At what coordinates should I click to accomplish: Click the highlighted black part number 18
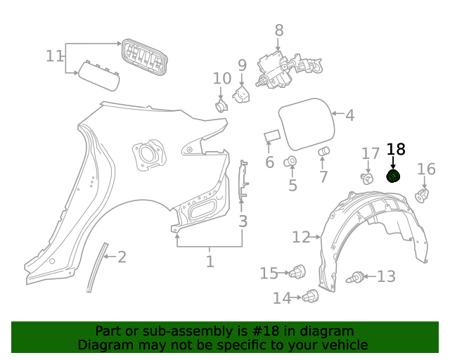pyautogui.click(x=396, y=149)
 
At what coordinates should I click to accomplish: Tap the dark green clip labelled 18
pyautogui.click(x=394, y=176)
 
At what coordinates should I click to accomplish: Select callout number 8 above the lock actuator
pyautogui.click(x=279, y=30)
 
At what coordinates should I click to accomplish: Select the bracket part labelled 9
pyautogui.click(x=242, y=94)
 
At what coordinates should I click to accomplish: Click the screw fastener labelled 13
pyautogui.click(x=356, y=278)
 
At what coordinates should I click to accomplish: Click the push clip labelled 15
pyautogui.click(x=299, y=271)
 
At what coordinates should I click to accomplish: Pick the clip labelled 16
pyautogui.click(x=423, y=195)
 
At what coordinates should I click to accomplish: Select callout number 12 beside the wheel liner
pyautogui.click(x=301, y=238)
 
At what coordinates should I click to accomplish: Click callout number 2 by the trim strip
pyautogui.click(x=122, y=257)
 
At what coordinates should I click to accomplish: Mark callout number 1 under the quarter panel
pyautogui.click(x=210, y=262)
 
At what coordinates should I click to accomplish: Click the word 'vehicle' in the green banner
pyautogui.click(x=341, y=345)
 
